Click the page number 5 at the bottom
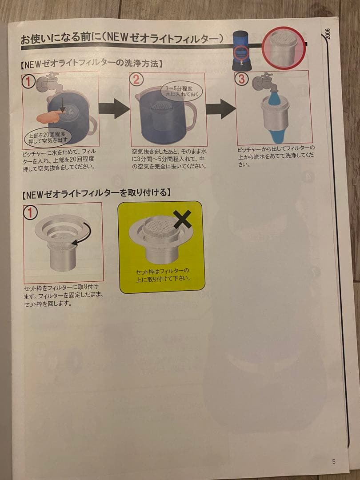(x=333, y=461)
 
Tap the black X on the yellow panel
(x=182, y=220)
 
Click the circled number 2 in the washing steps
(x=136, y=80)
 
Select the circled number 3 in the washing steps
(x=242, y=79)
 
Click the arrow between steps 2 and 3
(x=220, y=108)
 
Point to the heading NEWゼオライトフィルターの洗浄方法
(x=91, y=64)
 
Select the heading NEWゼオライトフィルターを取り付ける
(x=96, y=194)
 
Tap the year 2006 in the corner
(x=328, y=33)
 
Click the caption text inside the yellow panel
(x=163, y=274)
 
